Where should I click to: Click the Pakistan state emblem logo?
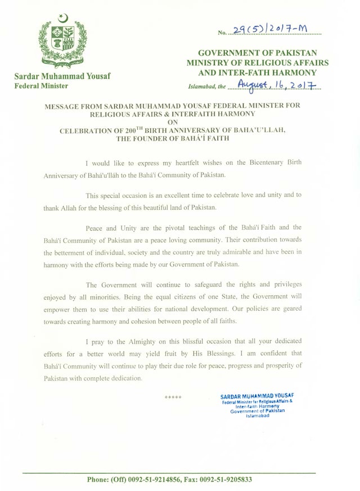[x=62, y=39]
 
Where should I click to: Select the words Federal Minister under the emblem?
[x=41, y=86]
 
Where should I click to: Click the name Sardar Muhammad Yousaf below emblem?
[x=62, y=76]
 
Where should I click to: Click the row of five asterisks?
[x=173, y=398]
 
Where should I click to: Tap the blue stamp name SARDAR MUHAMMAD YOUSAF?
[x=256, y=397]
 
